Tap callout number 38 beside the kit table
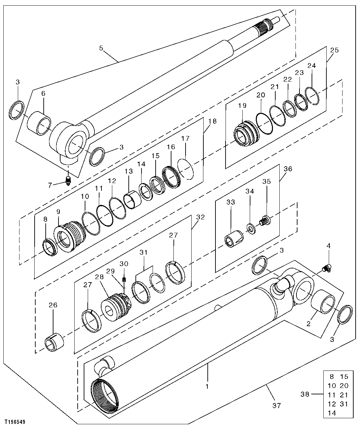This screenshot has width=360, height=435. [305, 395]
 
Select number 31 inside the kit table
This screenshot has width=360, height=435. [344, 404]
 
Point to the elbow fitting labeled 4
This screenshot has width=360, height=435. [326, 268]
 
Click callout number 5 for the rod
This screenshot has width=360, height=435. [101, 48]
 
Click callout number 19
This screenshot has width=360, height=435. [242, 105]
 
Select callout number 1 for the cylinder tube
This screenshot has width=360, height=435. [207, 386]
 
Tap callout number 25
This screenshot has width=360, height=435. [334, 50]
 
